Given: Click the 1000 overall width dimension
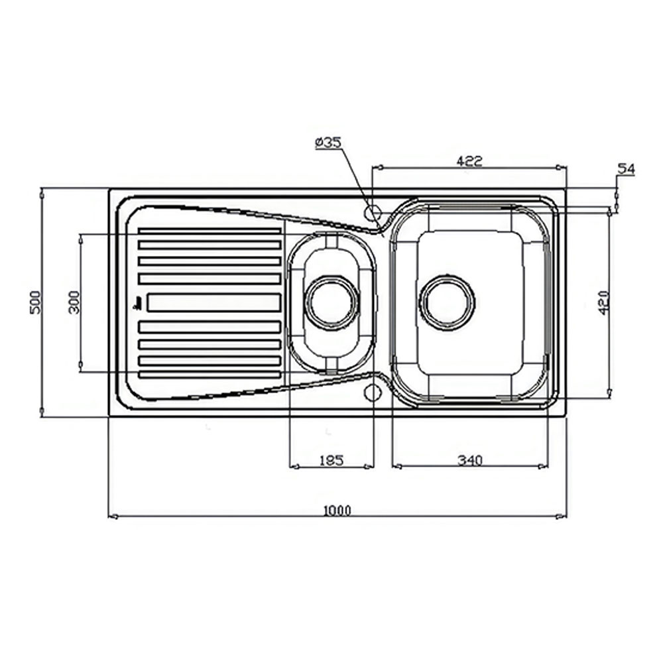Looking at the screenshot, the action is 337,511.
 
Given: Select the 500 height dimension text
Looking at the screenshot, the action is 36,302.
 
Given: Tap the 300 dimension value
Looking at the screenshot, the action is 74,302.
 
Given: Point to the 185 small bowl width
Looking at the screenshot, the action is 331,460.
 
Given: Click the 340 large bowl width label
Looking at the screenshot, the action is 470,459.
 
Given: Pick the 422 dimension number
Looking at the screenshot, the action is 469,160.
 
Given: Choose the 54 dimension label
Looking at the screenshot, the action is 627,169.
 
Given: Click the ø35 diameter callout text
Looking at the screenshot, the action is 328,143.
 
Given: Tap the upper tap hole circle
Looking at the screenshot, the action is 373,212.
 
